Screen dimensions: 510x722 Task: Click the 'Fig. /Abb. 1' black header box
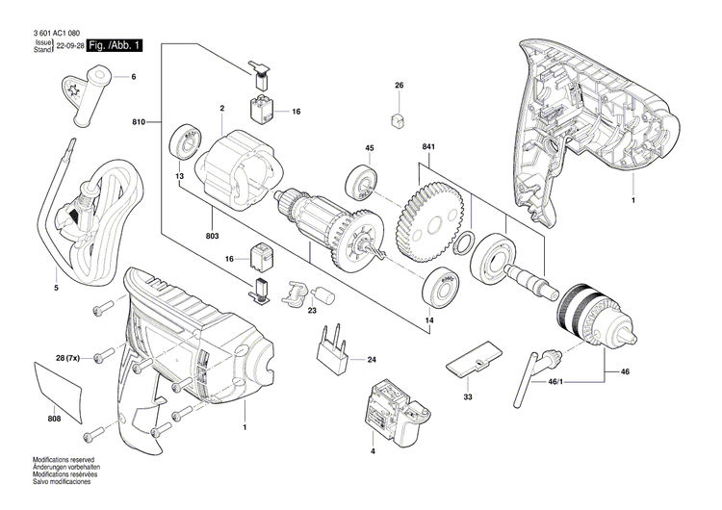click(116, 45)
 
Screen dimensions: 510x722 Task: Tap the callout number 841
click(430, 146)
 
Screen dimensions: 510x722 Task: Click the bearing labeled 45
click(362, 182)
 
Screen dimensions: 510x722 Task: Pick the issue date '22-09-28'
click(69, 46)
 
